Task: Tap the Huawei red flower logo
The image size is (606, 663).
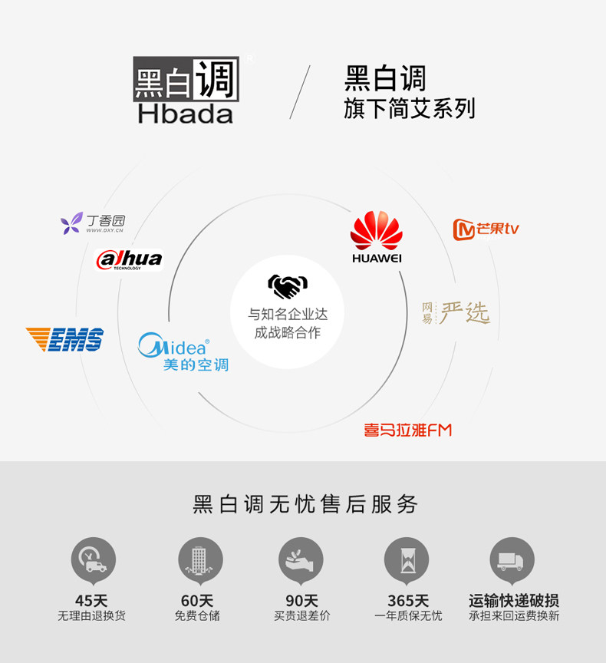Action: coord(377,231)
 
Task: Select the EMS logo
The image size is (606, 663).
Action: coord(64,339)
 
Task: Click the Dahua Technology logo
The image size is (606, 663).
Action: coord(129,260)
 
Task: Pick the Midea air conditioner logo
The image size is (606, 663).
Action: coord(183,352)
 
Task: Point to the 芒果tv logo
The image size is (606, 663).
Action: coord(486,229)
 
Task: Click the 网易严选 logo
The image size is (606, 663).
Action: coord(456,312)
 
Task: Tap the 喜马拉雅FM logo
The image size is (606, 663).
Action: coord(408,430)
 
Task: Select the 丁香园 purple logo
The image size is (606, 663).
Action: coord(92,223)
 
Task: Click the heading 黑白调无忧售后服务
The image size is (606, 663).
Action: coord(305,504)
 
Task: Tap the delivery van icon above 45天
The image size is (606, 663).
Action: coord(94,559)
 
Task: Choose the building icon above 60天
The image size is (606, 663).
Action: coord(199,559)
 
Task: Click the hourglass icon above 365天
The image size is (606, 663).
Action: coord(407,559)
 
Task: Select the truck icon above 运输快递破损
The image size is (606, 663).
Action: coord(512,559)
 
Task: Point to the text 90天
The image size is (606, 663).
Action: coord(301,601)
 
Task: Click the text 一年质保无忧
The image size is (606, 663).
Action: coord(408,615)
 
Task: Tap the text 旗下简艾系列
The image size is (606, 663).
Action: coord(410,109)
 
